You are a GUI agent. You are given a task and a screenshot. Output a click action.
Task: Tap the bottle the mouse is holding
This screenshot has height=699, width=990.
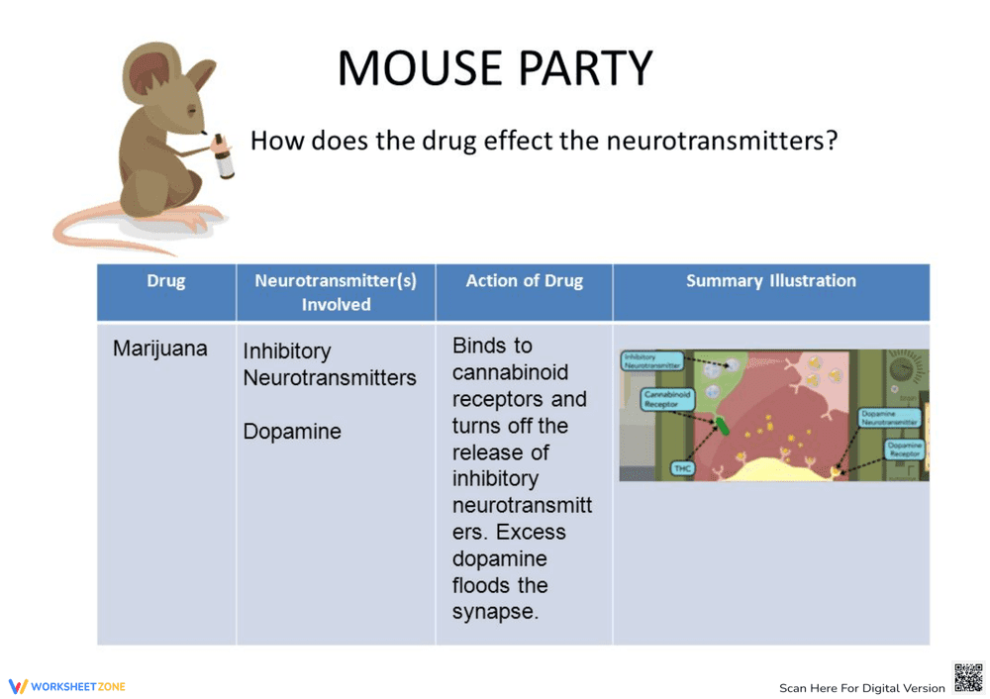tap(224, 155)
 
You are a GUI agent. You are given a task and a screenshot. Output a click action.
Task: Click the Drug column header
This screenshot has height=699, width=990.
tap(165, 281)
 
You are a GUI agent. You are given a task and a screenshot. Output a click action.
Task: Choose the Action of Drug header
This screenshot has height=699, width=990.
tap(524, 281)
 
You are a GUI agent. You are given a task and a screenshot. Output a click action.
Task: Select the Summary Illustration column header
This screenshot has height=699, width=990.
tap(770, 281)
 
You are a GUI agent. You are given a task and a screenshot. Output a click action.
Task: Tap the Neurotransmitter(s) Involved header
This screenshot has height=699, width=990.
tap(336, 292)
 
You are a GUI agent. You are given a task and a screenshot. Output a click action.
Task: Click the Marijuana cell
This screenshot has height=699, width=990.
tap(160, 349)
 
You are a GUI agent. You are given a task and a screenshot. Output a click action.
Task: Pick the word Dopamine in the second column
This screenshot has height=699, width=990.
tap(292, 432)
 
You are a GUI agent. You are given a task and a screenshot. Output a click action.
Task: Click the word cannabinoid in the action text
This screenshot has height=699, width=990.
tap(505, 373)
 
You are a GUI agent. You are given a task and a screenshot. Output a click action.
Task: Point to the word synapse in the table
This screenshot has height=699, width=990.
tap(494, 612)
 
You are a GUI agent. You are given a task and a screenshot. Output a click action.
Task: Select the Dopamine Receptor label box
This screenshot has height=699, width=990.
tap(903, 449)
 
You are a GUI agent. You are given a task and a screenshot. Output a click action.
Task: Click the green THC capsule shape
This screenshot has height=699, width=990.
tap(725, 427)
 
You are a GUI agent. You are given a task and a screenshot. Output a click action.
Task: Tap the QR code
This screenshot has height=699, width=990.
tap(968, 678)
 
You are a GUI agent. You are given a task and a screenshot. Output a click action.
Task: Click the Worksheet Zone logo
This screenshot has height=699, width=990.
tap(67, 686)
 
